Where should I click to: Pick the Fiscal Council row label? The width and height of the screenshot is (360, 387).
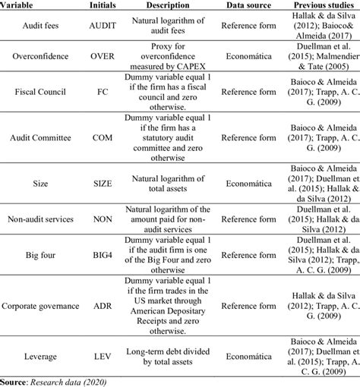(38, 93)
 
